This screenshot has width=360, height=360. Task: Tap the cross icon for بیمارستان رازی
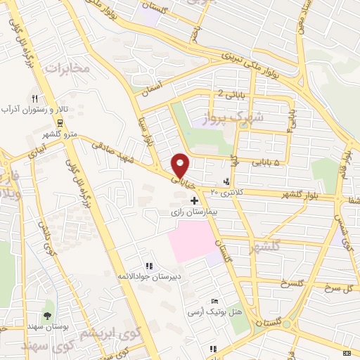pos(194,202)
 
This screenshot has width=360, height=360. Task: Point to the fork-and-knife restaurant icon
pos(33,98)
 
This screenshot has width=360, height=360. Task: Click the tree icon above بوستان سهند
pos(47,315)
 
